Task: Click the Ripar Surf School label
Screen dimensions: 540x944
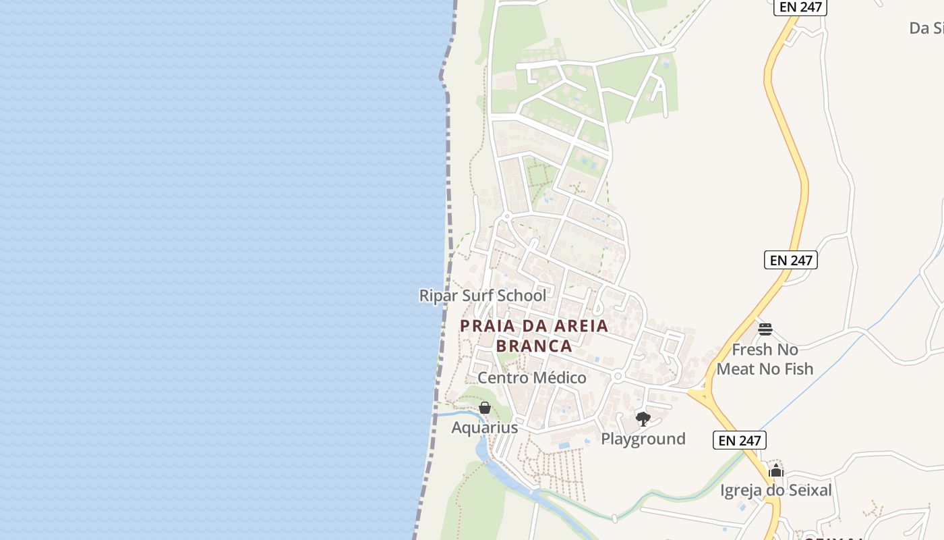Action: click(483, 296)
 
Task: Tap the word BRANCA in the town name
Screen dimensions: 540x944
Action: click(534, 346)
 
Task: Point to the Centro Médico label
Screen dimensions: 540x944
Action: click(532, 378)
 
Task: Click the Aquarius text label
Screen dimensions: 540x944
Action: click(484, 428)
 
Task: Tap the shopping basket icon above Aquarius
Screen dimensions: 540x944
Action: click(484, 408)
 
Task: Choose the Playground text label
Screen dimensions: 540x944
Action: click(643, 439)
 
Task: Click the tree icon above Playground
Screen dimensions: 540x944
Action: click(643, 419)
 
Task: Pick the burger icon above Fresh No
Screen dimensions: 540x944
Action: click(765, 329)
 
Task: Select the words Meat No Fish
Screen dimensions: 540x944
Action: click(765, 369)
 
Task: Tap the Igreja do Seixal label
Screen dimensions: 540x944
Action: click(776, 491)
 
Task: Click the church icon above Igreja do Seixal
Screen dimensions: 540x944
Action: click(776, 470)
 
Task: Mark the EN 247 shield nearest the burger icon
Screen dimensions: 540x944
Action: click(790, 260)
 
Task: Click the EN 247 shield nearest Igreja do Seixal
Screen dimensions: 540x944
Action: click(740, 441)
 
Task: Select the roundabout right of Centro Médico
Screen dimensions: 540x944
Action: click(617, 376)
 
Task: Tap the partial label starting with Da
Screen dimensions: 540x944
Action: click(926, 28)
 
